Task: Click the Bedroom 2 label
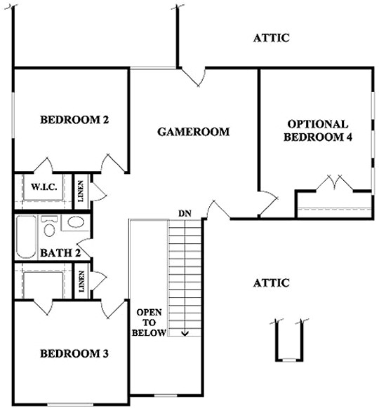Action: pos(74,120)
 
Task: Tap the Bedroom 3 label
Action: pos(74,353)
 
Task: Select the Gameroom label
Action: pos(193,132)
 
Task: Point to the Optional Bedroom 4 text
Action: pos(318,130)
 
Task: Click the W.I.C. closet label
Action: pos(44,186)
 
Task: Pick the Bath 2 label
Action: pos(60,253)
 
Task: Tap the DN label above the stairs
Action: pos(185,214)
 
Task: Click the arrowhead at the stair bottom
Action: pos(185,333)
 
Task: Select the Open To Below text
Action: pos(149,322)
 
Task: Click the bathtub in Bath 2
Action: pos(26,237)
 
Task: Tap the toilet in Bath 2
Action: pos(49,226)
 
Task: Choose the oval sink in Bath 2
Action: pos(76,222)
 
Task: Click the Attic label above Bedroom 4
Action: pos(271,38)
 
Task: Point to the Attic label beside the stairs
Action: pos(271,283)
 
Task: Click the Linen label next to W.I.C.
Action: pos(81,191)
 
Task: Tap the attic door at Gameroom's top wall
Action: pos(193,77)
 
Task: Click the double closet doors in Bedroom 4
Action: pos(335,183)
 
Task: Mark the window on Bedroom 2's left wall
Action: pos(13,115)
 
